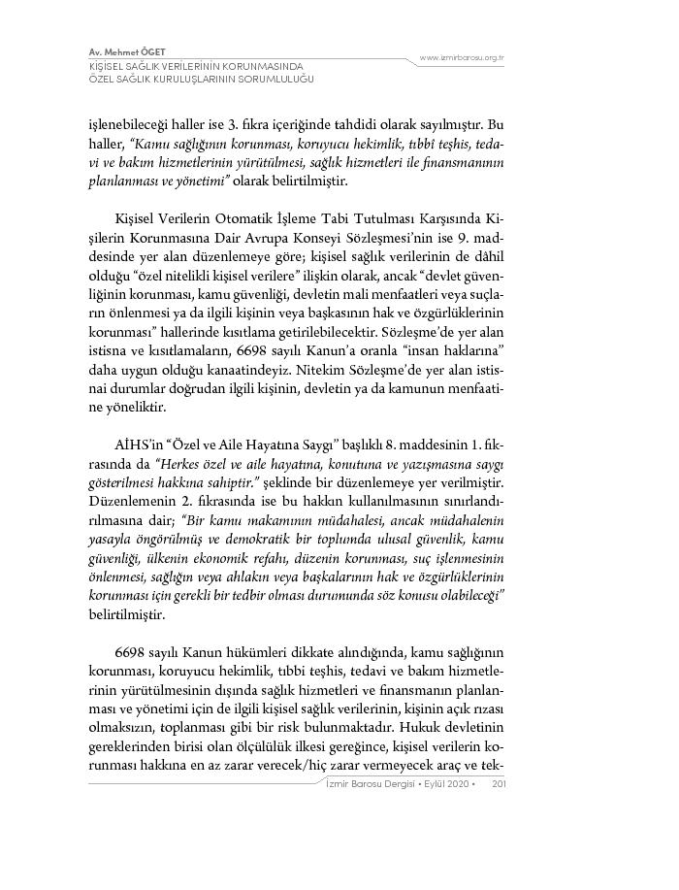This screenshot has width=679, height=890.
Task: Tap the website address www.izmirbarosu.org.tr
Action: [461, 58]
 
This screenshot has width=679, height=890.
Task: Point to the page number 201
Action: [500, 785]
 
